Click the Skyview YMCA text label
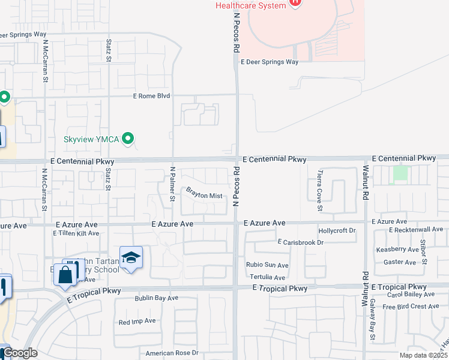point(92,139)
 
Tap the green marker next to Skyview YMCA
point(127,139)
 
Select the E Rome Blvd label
point(152,96)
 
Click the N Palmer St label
point(172,184)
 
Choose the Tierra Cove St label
point(320,191)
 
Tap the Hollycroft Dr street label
point(337,230)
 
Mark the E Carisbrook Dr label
point(300,242)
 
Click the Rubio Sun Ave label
point(267,265)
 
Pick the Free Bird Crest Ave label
point(411,307)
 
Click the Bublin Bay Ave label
point(156,298)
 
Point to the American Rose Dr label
point(172,353)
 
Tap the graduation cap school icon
point(131,257)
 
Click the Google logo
point(19,353)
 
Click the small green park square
point(400,173)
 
